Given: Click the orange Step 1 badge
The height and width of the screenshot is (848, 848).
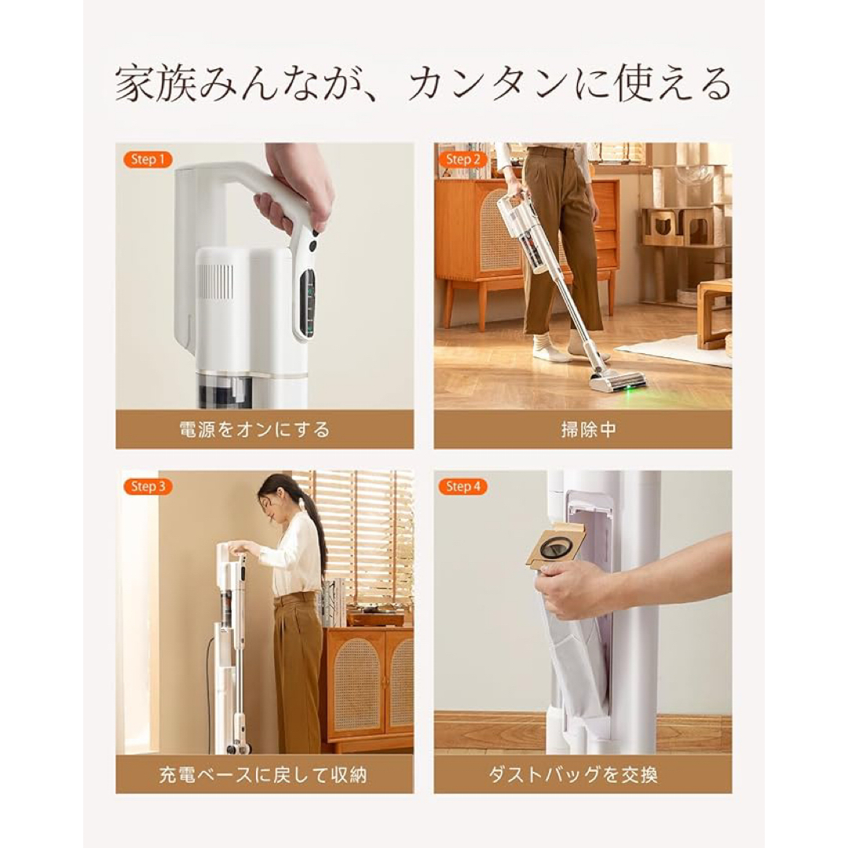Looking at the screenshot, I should tap(148, 159).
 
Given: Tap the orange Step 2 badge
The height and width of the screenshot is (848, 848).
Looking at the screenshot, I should tap(463, 159).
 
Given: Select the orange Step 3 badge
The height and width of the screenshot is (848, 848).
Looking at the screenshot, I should tap(148, 487).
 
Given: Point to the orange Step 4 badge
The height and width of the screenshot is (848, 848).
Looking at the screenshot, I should tap(463, 487).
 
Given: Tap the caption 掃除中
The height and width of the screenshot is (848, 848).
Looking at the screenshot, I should tap(582, 429).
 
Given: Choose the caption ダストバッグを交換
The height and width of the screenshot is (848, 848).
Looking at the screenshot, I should tap(582, 776).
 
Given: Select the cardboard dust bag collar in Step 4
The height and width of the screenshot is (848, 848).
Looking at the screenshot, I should tap(555, 544).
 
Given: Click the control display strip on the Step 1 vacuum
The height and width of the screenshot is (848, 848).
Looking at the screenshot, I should tap(308, 302).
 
